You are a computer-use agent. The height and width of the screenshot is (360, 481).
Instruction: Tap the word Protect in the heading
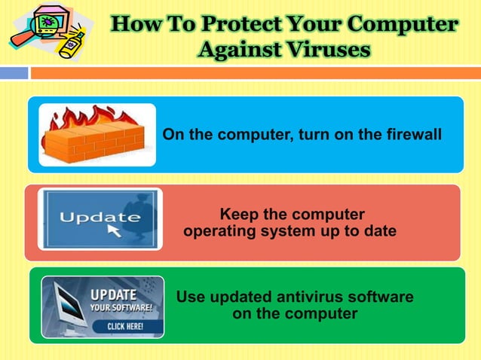coord(225,24)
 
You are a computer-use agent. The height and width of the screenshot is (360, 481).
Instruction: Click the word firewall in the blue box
coord(411,135)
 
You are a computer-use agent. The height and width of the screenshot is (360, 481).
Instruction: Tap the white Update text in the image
coord(100,218)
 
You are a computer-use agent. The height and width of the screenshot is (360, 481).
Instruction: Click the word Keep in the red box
coord(237,214)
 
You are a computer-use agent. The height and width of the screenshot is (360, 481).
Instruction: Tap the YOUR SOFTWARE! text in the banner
coord(121,308)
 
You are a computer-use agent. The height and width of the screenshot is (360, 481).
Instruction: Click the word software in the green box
coord(378,297)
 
